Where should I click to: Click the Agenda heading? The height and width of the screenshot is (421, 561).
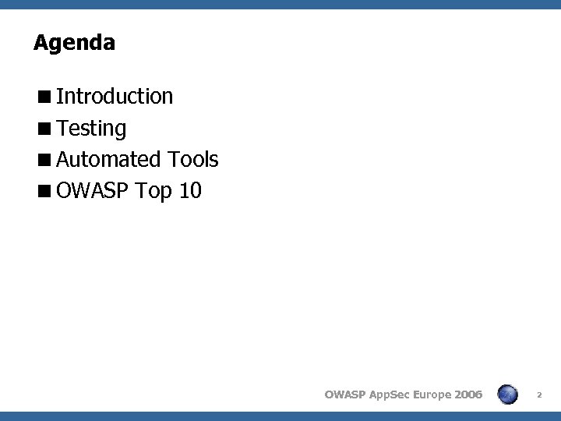click(74, 43)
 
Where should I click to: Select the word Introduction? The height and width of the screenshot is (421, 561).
click(115, 97)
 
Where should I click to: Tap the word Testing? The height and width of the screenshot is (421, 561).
click(91, 129)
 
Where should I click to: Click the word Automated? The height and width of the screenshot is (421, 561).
click(108, 160)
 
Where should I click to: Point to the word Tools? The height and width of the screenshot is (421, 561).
click(192, 160)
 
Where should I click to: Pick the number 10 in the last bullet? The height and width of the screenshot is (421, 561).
click(190, 191)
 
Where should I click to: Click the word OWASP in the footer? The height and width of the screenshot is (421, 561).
click(344, 394)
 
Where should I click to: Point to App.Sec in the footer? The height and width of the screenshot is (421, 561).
click(389, 394)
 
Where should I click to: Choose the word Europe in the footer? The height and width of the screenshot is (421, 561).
click(434, 394)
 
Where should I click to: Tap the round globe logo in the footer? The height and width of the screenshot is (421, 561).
click(508, 394)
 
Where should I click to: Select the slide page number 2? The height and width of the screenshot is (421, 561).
click(540, 395)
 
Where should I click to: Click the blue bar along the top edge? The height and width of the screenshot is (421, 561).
click(280, 4)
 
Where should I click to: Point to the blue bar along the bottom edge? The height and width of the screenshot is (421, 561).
click(280, 416)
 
